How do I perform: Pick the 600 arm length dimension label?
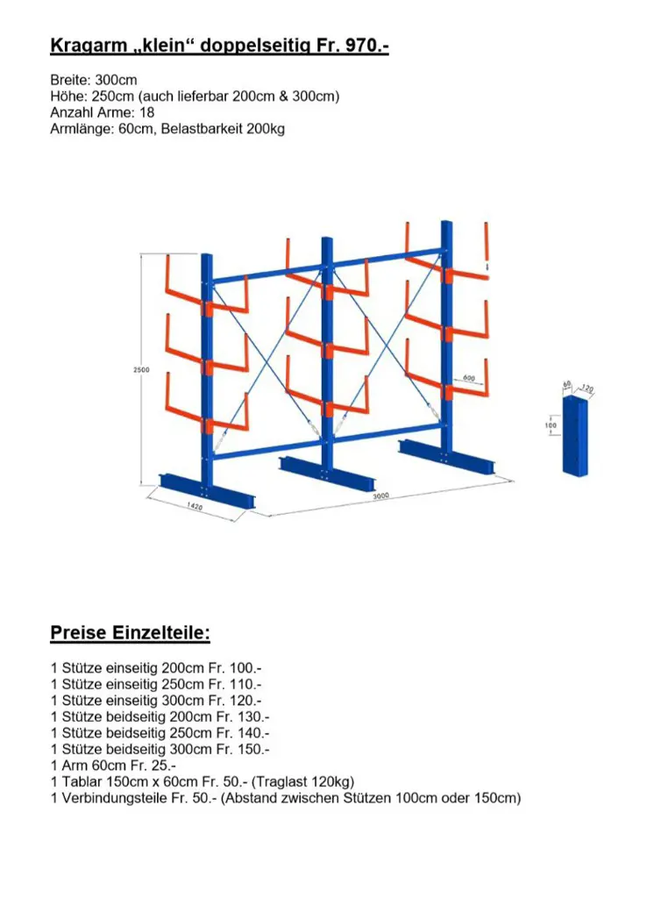point(468,378)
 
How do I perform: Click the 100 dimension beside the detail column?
point(551,426)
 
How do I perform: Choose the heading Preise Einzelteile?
point(130,632)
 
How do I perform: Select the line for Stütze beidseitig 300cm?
point(160,749)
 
